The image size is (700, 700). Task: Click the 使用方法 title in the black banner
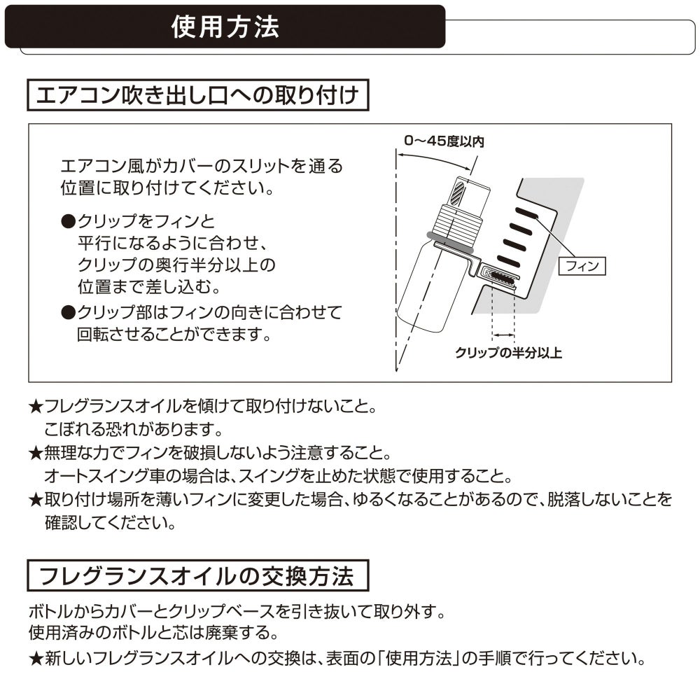[x=225, y=27]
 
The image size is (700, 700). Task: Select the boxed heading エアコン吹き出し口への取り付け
[x=197, y=95]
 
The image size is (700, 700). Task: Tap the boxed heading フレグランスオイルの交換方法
[x=197, y=577]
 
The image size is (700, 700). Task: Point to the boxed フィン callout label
[x=581, y=266]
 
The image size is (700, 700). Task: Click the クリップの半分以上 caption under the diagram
[x=508, y=353]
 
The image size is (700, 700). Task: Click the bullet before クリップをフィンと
[x=68, y=222]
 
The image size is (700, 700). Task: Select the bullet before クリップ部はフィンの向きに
[x=68, y=311]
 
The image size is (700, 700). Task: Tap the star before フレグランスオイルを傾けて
[x=36, y=407]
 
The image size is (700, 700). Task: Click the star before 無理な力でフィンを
[x=36, y=452]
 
